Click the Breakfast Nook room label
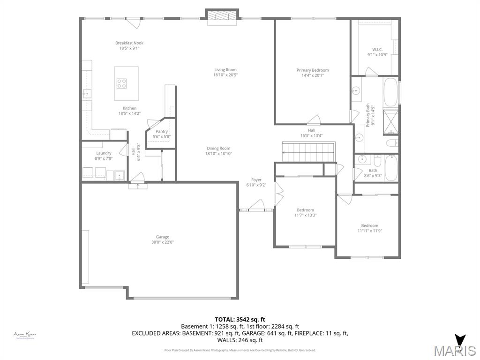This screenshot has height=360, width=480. pos(129,43)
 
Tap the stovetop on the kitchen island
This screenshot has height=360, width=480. pos(121,83)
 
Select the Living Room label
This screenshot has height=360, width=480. pos(225,70)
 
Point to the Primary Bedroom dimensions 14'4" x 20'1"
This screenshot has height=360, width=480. pos(313,75)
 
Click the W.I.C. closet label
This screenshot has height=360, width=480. pos(377,49)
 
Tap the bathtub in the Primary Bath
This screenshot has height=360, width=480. pos(390,92)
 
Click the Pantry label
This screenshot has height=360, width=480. pos(162,132)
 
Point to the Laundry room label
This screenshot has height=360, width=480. pos(104,153)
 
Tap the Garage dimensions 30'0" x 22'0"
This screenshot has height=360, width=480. pos(163,242)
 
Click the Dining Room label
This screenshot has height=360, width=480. pos(218,149)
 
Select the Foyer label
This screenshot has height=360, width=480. pos(256,180)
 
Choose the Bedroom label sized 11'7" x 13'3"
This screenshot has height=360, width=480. pos(305,210)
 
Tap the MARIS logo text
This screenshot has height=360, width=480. pos(454,351)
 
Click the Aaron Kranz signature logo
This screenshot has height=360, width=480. pos(25,335)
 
